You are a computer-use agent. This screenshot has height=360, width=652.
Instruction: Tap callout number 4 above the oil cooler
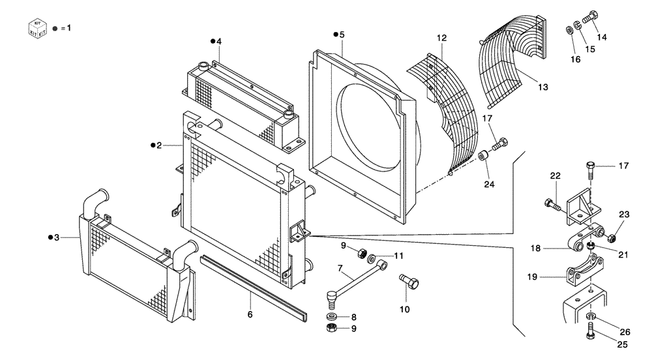pyautogui.click(x=219, y=41)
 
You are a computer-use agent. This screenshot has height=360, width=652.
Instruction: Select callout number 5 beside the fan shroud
pyautogui.click(x=341, y=34)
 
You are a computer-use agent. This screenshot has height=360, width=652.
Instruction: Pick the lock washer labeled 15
pyautogui.click(x=578, y=27)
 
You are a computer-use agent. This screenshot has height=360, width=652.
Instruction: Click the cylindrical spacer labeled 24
pyautogui.click(x=484, y=158)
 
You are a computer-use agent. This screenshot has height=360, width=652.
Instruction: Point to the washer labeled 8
pyautogui.click(x=333, y=317)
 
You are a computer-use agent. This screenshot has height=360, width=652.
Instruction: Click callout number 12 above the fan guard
pyautogui.click(x=442, y=38)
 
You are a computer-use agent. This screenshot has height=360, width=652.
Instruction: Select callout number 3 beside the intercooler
pyautogui.click(x=57, y=237)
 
